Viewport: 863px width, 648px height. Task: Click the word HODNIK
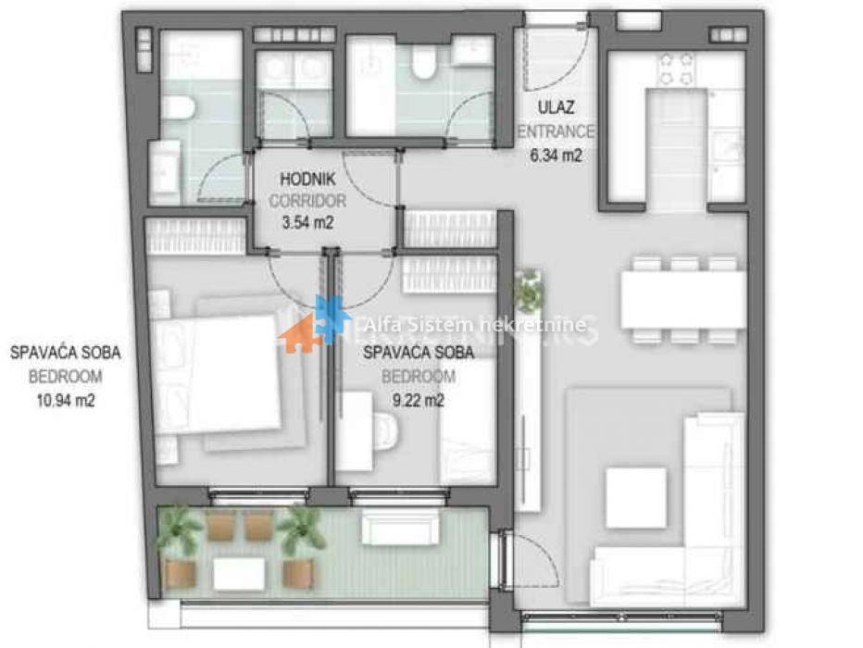pos(307,179)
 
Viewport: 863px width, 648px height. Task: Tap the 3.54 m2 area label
pos(307,223)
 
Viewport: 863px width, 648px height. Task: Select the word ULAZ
pos(556,107)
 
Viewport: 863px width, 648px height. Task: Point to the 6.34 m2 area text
pos(556,156)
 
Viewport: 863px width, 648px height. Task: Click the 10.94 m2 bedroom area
pos(66,401)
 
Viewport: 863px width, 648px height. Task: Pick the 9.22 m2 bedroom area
pos(419,401)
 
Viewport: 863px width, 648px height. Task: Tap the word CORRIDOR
pos(307,201)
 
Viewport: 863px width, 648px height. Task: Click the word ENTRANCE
pos(556,132)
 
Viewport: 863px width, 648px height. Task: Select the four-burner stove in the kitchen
pos(676,69)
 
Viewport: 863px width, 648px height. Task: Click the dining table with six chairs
pos(683,300)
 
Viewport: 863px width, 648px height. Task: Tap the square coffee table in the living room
pos(636,498)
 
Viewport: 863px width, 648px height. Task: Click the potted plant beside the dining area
pos(530,290)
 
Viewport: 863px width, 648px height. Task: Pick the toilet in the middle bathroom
pos(423,61)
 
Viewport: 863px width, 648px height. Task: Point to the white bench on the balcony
pos(400,527)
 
